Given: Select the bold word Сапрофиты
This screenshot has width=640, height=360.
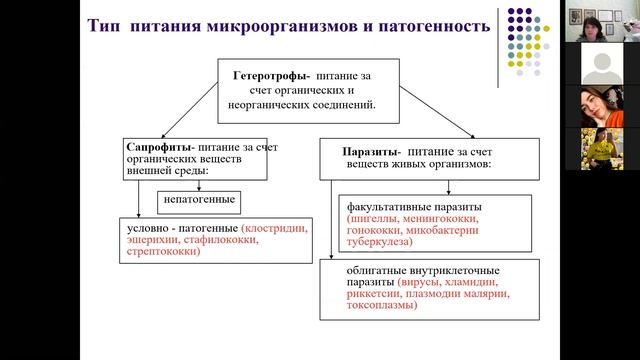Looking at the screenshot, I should click(159, 146).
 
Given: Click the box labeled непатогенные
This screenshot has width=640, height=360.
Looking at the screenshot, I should click(196, 200).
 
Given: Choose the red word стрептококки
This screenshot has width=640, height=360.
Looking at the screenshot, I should click(159, 251).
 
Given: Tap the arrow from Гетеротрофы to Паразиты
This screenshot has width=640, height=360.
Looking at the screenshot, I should click(437, 113).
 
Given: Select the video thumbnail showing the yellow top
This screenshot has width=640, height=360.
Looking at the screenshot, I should click(600, 148).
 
